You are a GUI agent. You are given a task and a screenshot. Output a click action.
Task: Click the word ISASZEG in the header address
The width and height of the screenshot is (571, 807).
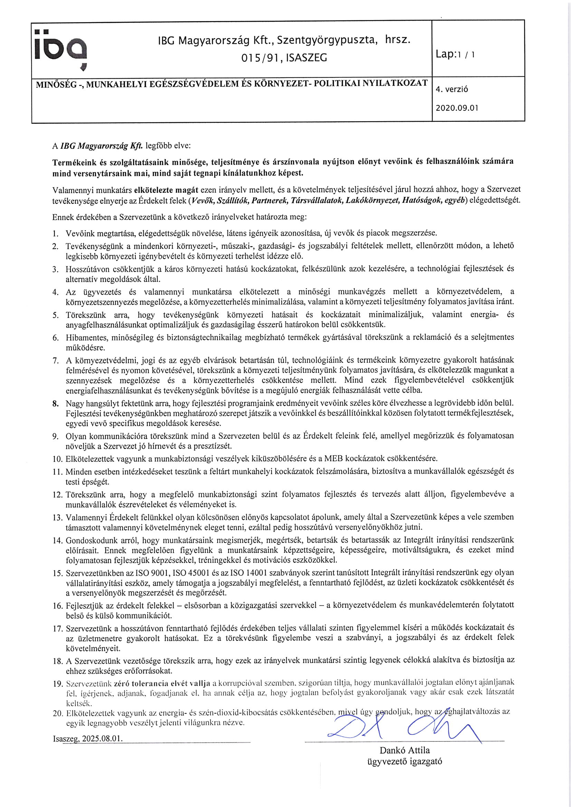[x=306, y=58]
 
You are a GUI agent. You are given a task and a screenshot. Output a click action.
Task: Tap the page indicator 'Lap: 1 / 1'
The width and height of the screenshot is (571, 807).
[x=455, y=54]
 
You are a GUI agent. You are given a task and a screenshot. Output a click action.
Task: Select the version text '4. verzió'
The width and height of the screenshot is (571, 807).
[x=452, y=89]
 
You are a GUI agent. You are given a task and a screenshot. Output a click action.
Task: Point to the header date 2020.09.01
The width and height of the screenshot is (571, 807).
[x=457, y=108]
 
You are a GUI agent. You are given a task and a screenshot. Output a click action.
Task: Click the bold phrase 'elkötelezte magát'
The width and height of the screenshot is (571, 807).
[x=166, y=190]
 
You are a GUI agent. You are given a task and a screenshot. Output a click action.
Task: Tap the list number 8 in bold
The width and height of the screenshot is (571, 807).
[x=56, y=404]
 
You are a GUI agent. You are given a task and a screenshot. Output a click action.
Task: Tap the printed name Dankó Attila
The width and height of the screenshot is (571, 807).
[x=404, y=750]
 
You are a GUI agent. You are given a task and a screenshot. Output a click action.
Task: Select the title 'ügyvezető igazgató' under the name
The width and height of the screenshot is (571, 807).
[x=404, y=761]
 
